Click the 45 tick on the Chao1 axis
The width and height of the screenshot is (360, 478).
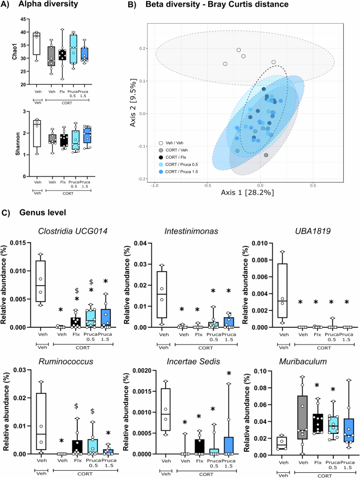coord(24,19)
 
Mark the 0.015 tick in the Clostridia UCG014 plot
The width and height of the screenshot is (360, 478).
coord(21,242)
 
